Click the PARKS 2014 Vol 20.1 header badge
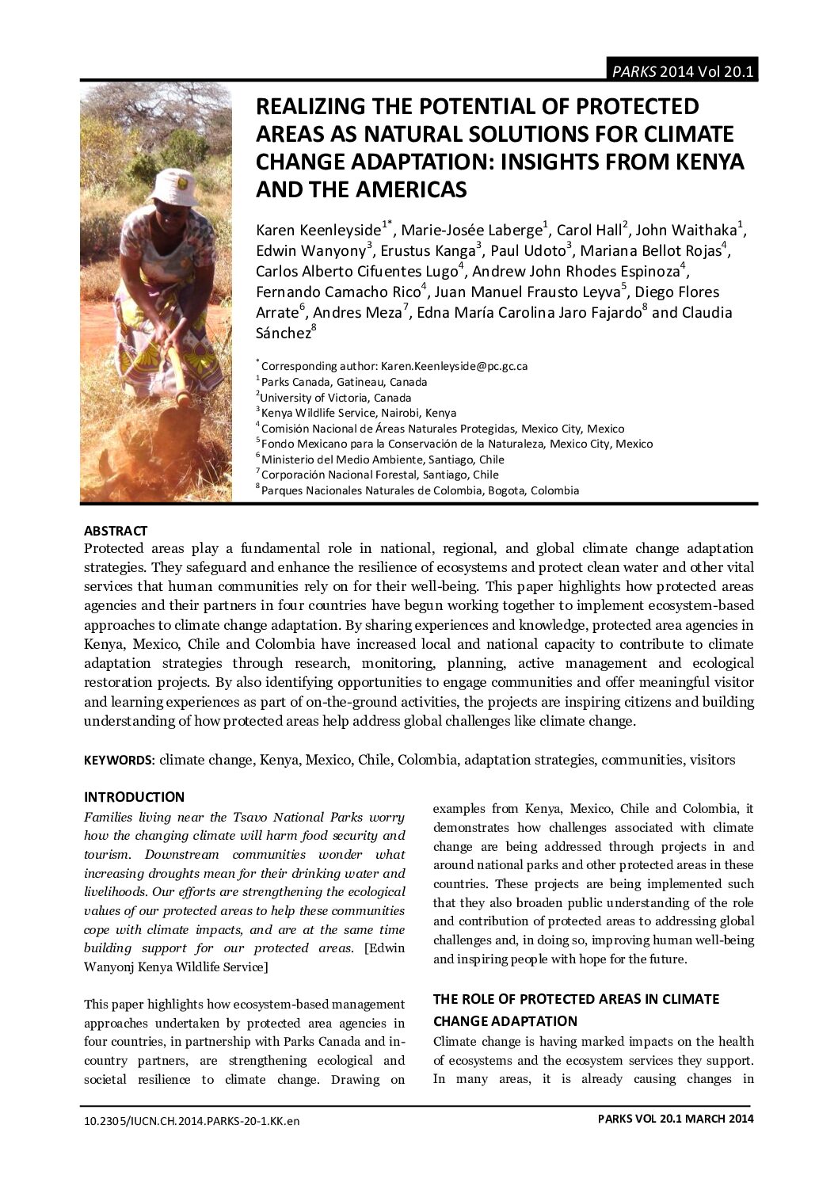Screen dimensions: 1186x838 coord(681,71)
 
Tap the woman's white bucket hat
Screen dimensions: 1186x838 coord(174,188)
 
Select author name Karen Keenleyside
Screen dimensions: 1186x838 coord(318,231)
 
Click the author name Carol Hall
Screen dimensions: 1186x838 coord(589,231)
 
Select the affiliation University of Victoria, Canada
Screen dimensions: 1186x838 coord(336,398)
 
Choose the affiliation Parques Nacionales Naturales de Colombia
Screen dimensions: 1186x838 coord(420,490)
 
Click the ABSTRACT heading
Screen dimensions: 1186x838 coord(116,531)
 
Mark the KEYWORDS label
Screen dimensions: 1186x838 coord(119,761)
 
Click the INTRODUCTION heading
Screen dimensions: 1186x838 coord(134,797)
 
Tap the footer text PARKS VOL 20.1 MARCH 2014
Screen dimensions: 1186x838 coord(676,1119)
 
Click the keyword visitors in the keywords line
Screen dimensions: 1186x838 coord(712,760)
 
